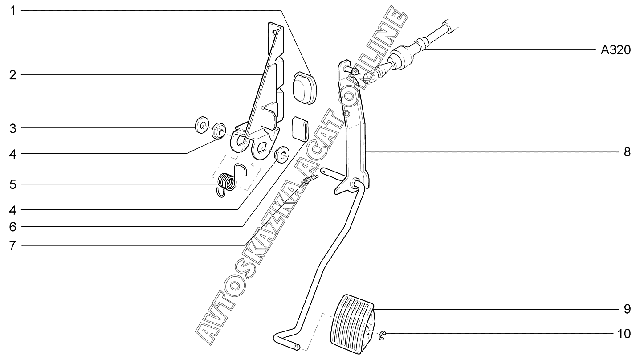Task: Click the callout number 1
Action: (x=13, y=10)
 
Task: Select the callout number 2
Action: (x=13, y=75)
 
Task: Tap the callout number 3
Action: (x=13, y=128)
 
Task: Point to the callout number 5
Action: (x=13, y=184)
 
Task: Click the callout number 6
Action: (x=13, y=227)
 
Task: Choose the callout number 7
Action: (x=13, y=245)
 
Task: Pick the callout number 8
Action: (x=627, y=152)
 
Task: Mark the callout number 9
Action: (x=627, y=309)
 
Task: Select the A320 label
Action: (x=616, y=50)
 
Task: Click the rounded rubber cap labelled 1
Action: (x=304, y=87)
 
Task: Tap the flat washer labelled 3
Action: (x=201, y=125)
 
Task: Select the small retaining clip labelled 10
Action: (x=383, y=335)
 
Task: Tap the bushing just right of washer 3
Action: (x=218, y=131)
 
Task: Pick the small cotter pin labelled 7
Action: (x=310, y=180)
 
